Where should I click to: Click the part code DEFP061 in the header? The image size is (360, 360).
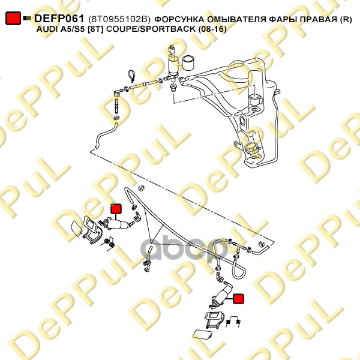pos(59,19)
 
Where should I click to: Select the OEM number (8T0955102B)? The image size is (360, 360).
pos(119,19)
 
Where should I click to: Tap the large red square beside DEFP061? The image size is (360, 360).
pos(13,18)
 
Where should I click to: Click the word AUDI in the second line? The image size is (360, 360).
pos(46,29)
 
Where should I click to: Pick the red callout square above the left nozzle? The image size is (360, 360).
pos(116,208)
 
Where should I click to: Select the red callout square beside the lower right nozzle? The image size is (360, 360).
pos(238,298)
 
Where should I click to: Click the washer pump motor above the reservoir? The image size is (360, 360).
pos(173,65)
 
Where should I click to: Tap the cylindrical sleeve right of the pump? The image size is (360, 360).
pos(188,62)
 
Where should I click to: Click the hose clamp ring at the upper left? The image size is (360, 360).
pos(131,76)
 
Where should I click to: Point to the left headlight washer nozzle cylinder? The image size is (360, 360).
pos(116,224)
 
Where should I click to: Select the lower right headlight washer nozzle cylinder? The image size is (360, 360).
pos(222,296)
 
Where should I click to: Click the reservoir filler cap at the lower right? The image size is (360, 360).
pos(251,148)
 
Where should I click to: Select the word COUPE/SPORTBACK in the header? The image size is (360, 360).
pos(149,29)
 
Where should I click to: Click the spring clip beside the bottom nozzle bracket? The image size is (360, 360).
pos(233,320)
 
